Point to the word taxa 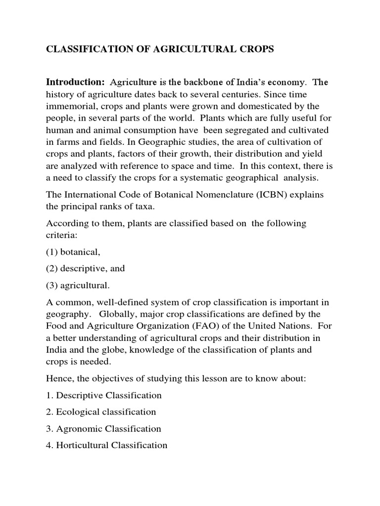[x=153, y=208]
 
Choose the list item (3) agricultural [x=78, y=285]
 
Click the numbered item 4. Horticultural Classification [x=106, y=445]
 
